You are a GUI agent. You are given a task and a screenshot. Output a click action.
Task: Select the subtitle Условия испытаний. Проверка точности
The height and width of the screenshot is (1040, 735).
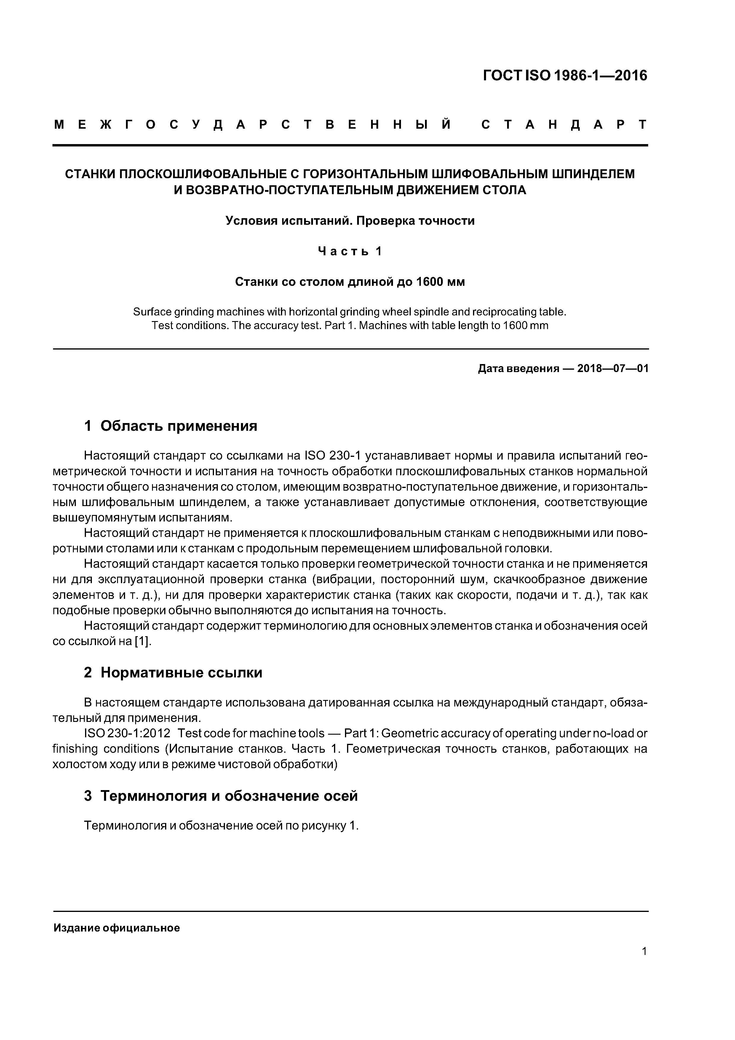tap(350, 221)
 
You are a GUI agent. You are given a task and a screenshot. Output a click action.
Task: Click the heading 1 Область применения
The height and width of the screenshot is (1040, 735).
tap(170, 426)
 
